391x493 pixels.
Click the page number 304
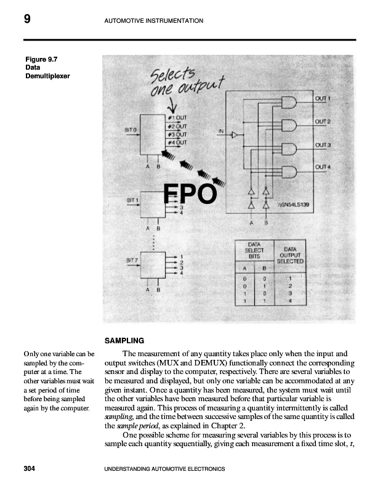coord(28,469)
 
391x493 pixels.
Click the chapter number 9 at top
coord(27,20)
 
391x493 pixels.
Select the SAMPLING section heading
coord(124,340)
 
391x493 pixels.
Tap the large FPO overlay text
coord(190,194)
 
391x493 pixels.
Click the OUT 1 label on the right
coord(323,99)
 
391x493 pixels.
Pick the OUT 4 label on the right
coord(323,167)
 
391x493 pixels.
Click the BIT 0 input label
coord(131,130)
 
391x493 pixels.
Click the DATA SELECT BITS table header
coord(254,250)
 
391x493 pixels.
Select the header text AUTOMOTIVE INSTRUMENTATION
coord(154,21)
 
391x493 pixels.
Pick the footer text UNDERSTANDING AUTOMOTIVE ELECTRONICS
coord(165,469)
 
